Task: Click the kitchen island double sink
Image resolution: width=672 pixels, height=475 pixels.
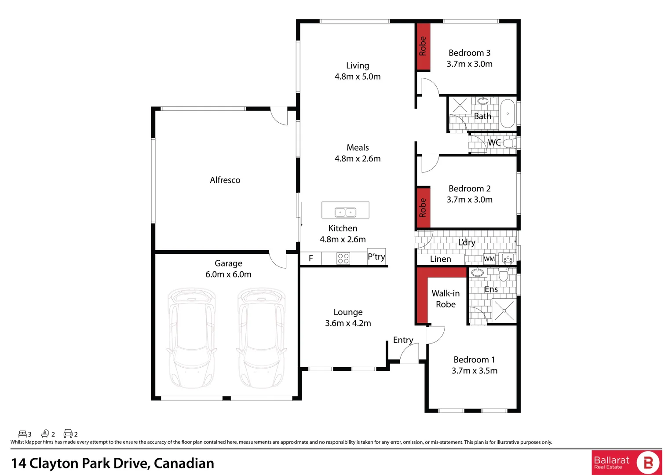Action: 345,212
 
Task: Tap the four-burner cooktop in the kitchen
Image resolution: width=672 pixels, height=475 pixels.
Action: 343,258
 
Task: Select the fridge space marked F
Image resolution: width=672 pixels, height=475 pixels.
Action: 310,258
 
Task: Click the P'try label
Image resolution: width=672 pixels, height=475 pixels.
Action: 376,256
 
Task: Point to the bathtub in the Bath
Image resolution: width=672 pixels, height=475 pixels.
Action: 508,113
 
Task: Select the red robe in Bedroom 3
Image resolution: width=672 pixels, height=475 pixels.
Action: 423,46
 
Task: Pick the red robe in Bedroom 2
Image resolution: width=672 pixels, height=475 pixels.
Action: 423,208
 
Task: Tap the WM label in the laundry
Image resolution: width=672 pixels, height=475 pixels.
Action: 489,259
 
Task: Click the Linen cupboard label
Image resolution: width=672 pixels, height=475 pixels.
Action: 440,259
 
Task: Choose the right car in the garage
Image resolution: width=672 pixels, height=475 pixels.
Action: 261,338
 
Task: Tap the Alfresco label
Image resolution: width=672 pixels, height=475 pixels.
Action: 225,180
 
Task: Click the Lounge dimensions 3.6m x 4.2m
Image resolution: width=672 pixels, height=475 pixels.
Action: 348,323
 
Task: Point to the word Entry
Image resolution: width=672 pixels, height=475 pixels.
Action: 403,340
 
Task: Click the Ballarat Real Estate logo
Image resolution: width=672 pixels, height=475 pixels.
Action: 626,462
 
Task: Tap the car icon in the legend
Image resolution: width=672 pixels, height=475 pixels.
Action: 68,434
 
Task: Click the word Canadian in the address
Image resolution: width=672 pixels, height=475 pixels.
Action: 184,463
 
